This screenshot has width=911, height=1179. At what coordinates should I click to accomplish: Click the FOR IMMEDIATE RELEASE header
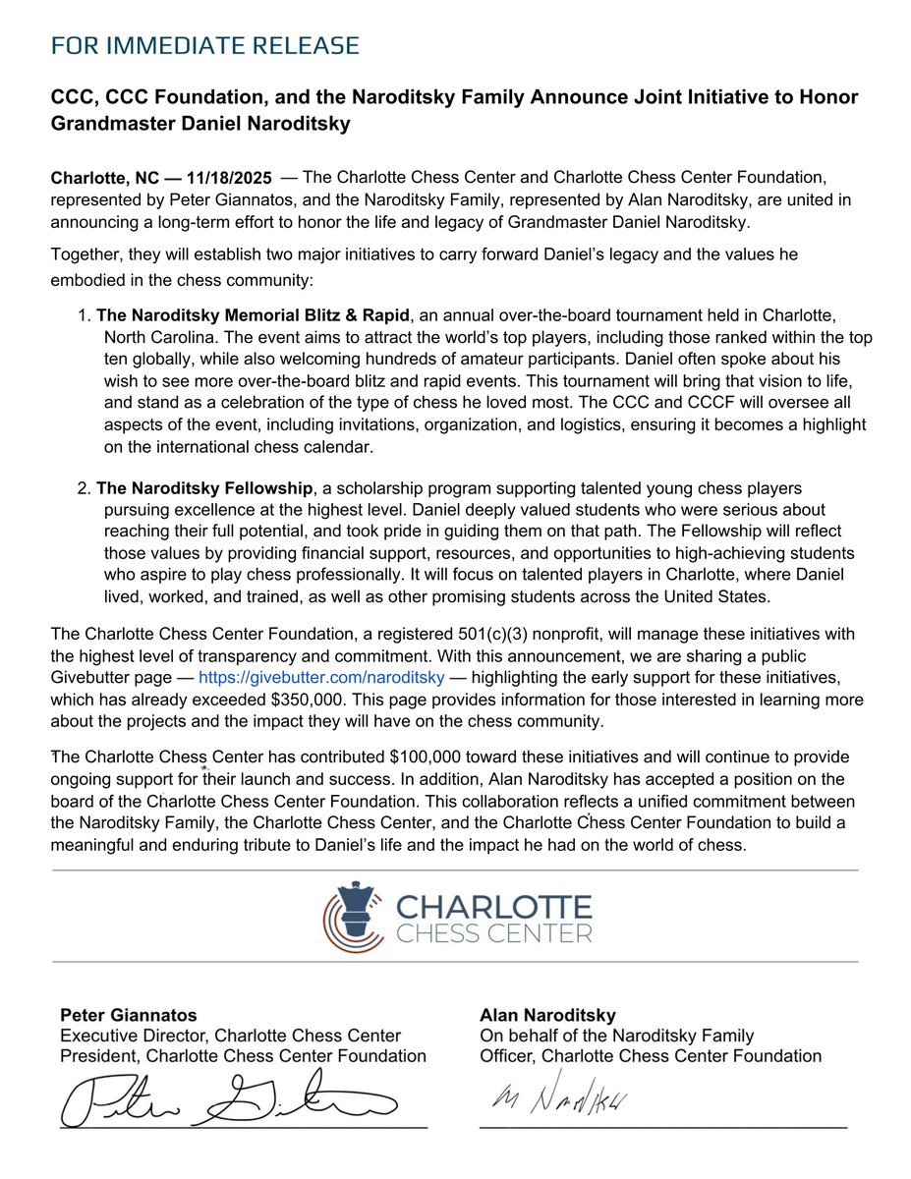(204, 46)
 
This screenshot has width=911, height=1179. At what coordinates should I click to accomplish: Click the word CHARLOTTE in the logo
(492, 905)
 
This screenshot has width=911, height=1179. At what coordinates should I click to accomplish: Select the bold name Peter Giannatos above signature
(129, 1015)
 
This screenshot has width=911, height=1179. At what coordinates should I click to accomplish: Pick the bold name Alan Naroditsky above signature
(547, 1015)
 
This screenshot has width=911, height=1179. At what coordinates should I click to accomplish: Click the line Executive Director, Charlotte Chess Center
(230, 1036)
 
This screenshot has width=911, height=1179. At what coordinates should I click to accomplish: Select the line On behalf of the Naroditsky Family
(616, 1036)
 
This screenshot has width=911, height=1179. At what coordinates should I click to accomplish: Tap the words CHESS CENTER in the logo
(493, 931)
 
